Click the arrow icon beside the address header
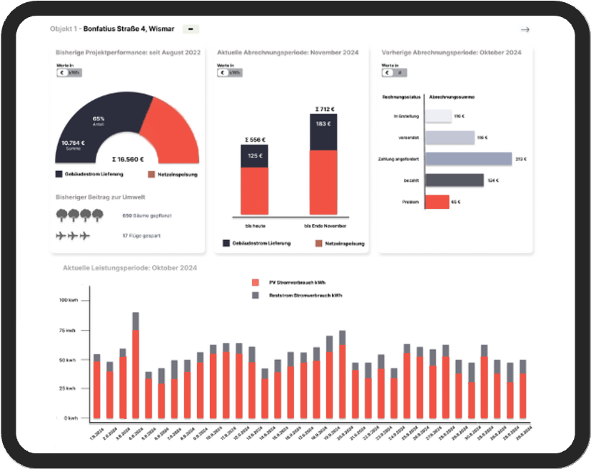tap(525, 30)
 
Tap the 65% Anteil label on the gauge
tap(98, 120)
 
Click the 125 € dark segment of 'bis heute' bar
tap(254, 156)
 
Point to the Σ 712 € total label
tap(324, 110)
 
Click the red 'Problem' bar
tap(437, 202)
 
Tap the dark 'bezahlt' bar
tap(454, 180)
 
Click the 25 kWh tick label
tap(67, 388)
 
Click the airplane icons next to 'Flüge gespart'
tap(74, 235)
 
